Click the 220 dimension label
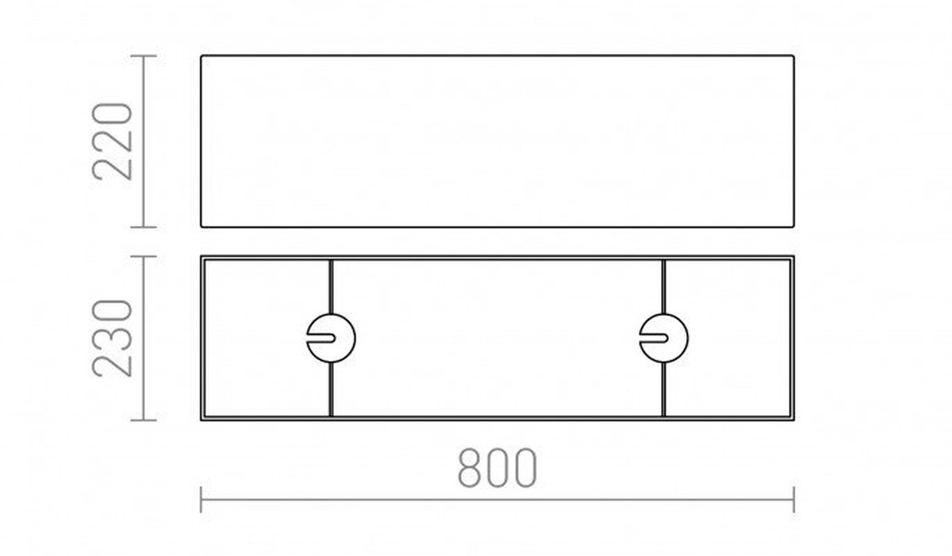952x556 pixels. click(x=112, y=142)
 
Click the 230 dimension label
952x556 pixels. click(x=112, y=338)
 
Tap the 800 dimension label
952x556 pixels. click(x=497, y=468)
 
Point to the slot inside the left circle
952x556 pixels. click(x=321, y=338)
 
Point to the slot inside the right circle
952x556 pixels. click(x=654, y=338)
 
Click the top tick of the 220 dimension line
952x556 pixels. click(x=144, y=56)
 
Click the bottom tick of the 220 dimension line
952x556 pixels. click(x=144, y=228)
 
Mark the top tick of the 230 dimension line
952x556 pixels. click(x=144, y=256)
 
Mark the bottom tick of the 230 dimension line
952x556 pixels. click(x=144, y=420)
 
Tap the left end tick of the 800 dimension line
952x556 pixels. click(x=201, y=500)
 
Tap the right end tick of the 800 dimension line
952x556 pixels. click(x=793, y=500)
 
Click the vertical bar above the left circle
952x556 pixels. click(x=332, y=286)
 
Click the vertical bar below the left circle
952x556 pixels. click(x=332, y=389)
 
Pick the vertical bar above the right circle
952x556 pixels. click(x=664, y=286)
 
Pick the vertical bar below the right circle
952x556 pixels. click(x=664, y=389)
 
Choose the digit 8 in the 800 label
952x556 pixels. click(x=469, y=468)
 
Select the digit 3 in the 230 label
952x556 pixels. click(x=112, y=338)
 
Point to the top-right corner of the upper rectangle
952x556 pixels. click(x=793, y=56)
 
